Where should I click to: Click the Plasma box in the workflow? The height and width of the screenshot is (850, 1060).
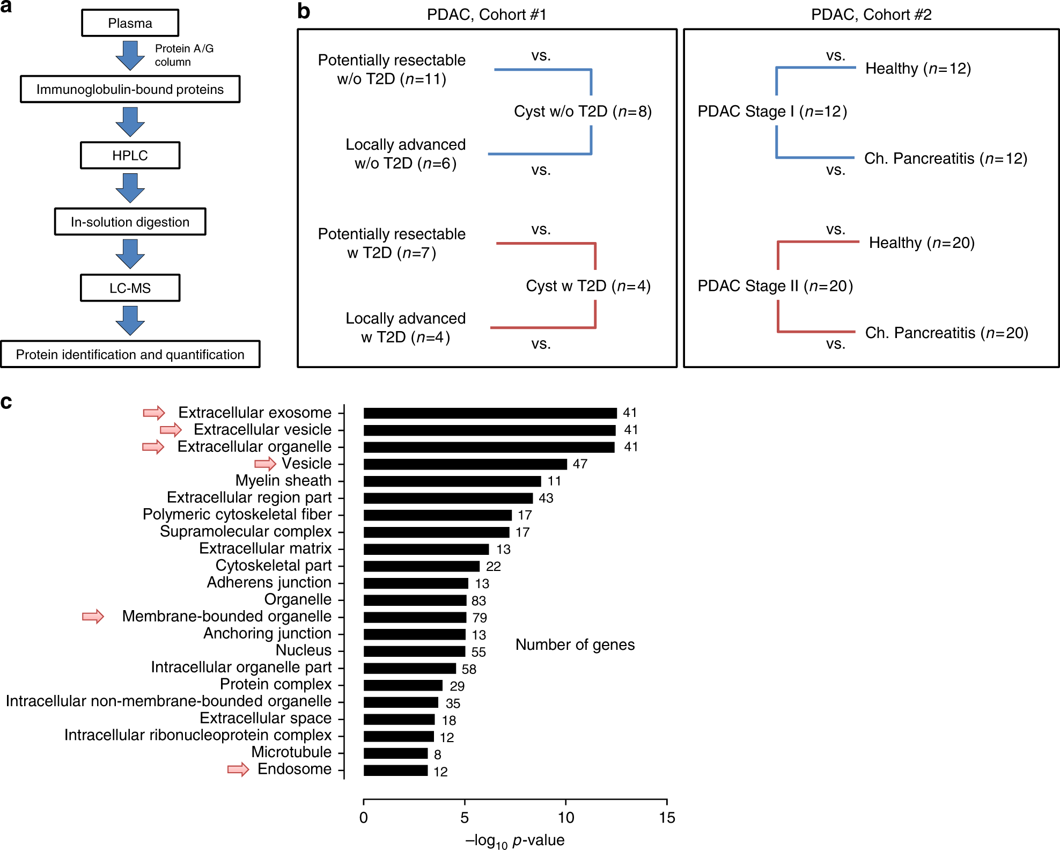130,23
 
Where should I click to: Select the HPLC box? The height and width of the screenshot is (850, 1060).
130,156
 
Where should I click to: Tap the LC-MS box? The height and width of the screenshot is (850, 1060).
130,288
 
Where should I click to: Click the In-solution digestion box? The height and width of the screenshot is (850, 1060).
130,222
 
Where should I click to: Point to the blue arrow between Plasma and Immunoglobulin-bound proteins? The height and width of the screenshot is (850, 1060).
130,55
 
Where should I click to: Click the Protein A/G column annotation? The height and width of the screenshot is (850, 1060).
184,55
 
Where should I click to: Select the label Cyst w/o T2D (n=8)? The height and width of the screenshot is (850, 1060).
583,112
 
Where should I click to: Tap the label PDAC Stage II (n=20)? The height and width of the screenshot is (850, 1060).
775,286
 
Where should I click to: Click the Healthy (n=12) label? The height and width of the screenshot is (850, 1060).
918,69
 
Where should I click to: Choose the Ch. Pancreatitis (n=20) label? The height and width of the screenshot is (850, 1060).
946,333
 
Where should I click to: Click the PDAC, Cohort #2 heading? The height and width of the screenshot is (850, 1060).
871,14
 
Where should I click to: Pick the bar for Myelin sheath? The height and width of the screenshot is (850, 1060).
452,481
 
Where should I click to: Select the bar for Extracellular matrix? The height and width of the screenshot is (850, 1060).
426,549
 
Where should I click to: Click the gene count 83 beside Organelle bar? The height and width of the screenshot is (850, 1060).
479,601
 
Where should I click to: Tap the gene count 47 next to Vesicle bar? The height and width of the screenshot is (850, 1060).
580,464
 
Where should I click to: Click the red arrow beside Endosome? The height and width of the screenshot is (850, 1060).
238,770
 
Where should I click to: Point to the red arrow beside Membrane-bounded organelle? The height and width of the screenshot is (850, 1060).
93,617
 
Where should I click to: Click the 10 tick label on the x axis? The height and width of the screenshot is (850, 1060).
565,818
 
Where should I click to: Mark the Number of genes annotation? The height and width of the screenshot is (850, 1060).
575,645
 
